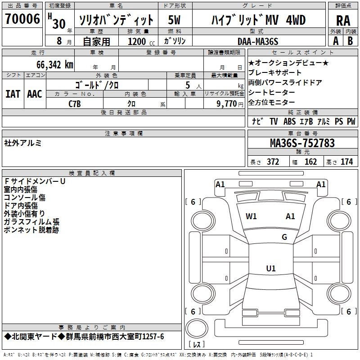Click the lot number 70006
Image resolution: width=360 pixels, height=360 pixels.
tap(22, 19)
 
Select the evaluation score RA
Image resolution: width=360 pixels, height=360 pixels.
tap(343, 20)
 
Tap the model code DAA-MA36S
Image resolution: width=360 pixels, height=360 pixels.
tap(258, 41)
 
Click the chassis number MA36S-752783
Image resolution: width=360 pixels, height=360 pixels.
tap(302, 143)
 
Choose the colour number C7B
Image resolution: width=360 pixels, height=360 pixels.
tap(75, 104)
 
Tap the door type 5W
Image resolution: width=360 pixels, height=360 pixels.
tap(175, 20)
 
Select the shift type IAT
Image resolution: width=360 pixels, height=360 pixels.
tap(13, 94)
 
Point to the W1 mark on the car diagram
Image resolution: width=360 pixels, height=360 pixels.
tap(251, 216)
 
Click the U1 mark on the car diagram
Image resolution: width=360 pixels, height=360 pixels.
tap(271, 269)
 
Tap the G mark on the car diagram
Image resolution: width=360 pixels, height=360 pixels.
tap(284, 237)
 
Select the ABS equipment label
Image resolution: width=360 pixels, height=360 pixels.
tap(289, 121)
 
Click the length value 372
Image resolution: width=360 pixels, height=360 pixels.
tap(273, 162)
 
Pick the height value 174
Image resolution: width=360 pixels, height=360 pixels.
tap(347, 162)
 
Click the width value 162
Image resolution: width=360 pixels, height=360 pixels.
tap(310, 162)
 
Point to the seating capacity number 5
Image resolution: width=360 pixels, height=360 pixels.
tap(187, 85)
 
